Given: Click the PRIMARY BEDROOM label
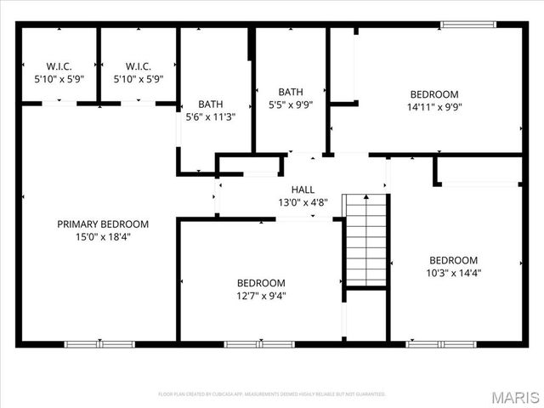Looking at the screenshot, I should [103, 224].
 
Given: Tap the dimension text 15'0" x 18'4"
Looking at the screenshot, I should [103, 237].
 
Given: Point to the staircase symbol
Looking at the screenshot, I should [365, 240].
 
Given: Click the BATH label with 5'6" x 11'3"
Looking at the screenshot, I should [210, 105].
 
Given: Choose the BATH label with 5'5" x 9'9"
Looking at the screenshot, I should [291, 92].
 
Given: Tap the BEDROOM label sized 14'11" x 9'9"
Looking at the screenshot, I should [434, 94].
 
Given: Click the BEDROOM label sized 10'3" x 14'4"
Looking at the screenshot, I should [453, 260].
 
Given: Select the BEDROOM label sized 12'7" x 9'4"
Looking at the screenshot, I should [261, 283].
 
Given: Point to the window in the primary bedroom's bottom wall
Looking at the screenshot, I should [99, 344].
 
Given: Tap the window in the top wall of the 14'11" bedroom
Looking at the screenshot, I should [468, 24].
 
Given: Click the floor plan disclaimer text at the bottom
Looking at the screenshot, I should [272, 394].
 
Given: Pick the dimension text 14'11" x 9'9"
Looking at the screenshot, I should [434, 107].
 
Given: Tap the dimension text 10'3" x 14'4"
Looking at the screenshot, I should [453, 273].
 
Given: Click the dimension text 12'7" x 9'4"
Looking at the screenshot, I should [261, 296].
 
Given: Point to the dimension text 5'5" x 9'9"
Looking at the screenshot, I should [291, 105].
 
